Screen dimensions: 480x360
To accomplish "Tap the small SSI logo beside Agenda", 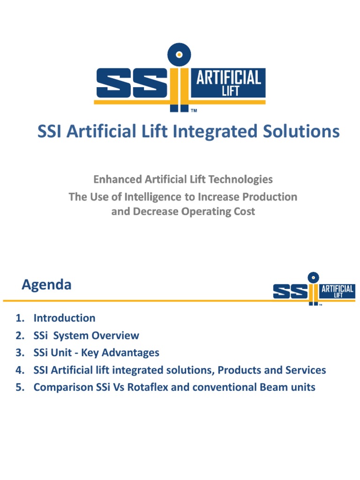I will click(314, 289).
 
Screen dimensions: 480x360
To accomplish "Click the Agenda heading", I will click(46, 285).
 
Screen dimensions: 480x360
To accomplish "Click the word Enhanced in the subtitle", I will click(118, 179).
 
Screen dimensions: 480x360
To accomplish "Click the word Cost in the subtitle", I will click(244, 211).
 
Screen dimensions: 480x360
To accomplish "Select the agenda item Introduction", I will click(64, 318).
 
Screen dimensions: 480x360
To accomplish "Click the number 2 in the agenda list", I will click(19, 336).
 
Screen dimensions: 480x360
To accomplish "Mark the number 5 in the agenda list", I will click(19, 387).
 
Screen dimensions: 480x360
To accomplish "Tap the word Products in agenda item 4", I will click(240, 370).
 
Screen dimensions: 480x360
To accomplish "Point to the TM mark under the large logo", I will click(194, 112).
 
